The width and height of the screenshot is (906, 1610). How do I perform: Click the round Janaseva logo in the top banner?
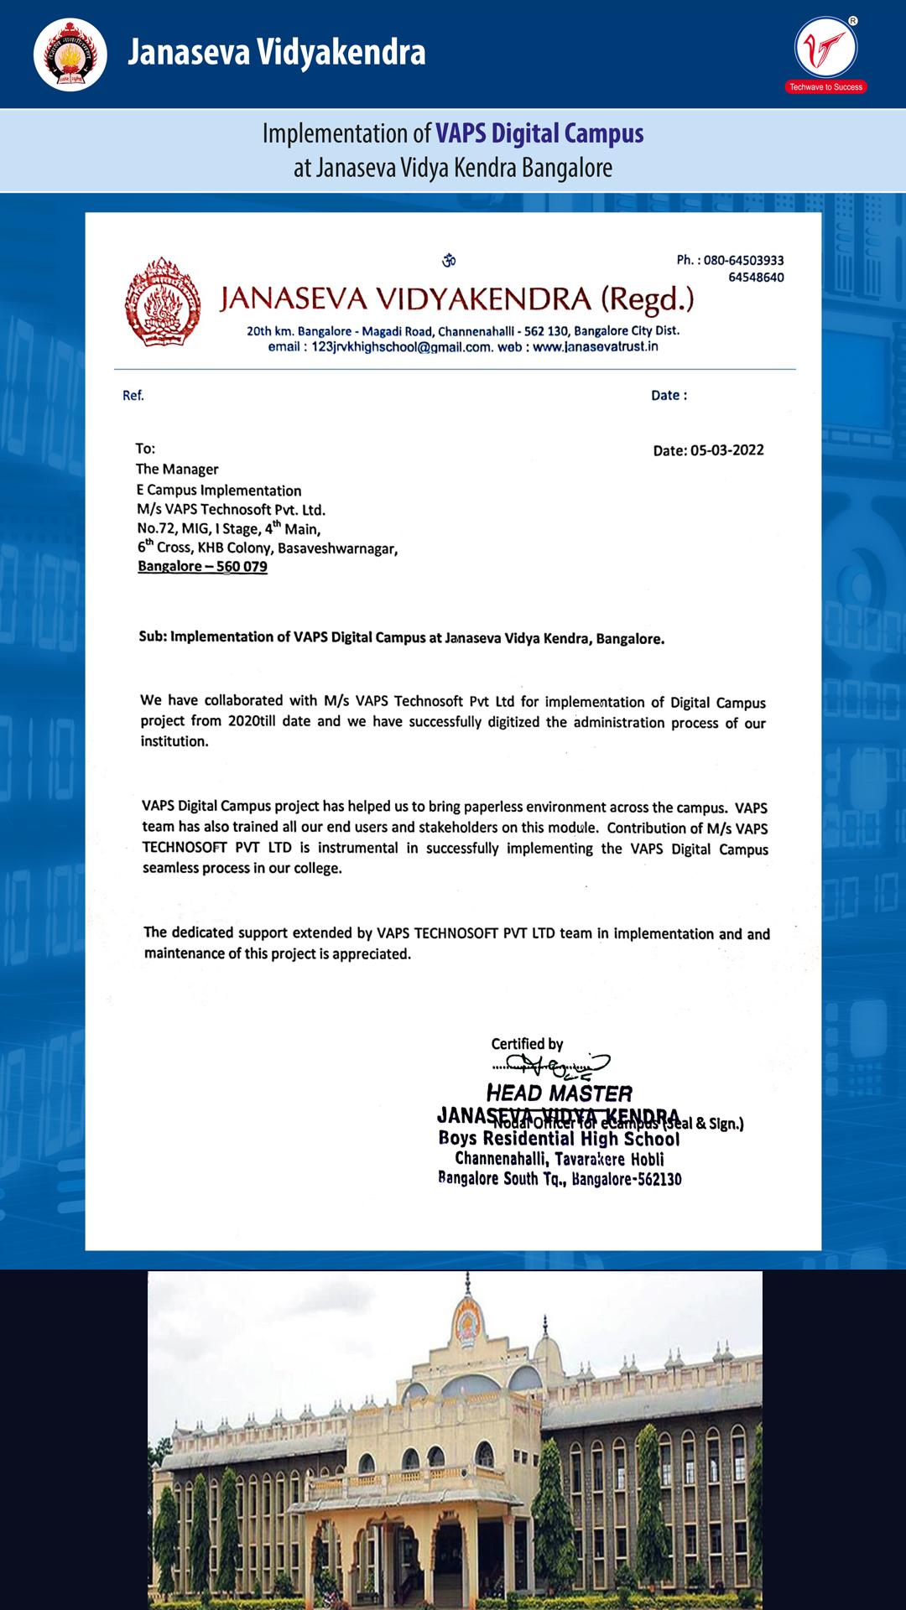click(70, 55)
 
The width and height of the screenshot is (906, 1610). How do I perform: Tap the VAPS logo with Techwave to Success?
click(826, 50)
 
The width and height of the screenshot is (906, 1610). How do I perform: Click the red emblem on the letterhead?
click(163, 303)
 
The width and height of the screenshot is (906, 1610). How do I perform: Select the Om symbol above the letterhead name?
click(449, 261)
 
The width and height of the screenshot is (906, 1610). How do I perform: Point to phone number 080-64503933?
click(743, 261)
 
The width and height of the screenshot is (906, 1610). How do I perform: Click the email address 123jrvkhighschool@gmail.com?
click(401, 347)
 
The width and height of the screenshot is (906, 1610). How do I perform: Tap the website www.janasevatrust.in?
click(595, 347)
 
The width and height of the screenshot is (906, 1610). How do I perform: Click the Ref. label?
click(133, 396)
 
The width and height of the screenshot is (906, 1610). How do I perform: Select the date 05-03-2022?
click(726, 450)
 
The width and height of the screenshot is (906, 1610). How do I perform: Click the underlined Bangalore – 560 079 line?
click(202, 567)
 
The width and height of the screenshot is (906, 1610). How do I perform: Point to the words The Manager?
click(177, 470)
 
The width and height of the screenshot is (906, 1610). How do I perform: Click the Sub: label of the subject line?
click(153, 637)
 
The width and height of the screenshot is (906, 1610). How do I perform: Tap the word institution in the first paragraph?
click(174, 741)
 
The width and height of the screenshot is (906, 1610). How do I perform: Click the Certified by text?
click(527, 1044)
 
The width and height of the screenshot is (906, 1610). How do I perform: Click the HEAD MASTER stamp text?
click(559, 1093)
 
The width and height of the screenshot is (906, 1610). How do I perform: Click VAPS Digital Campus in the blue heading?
click(539, 134)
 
